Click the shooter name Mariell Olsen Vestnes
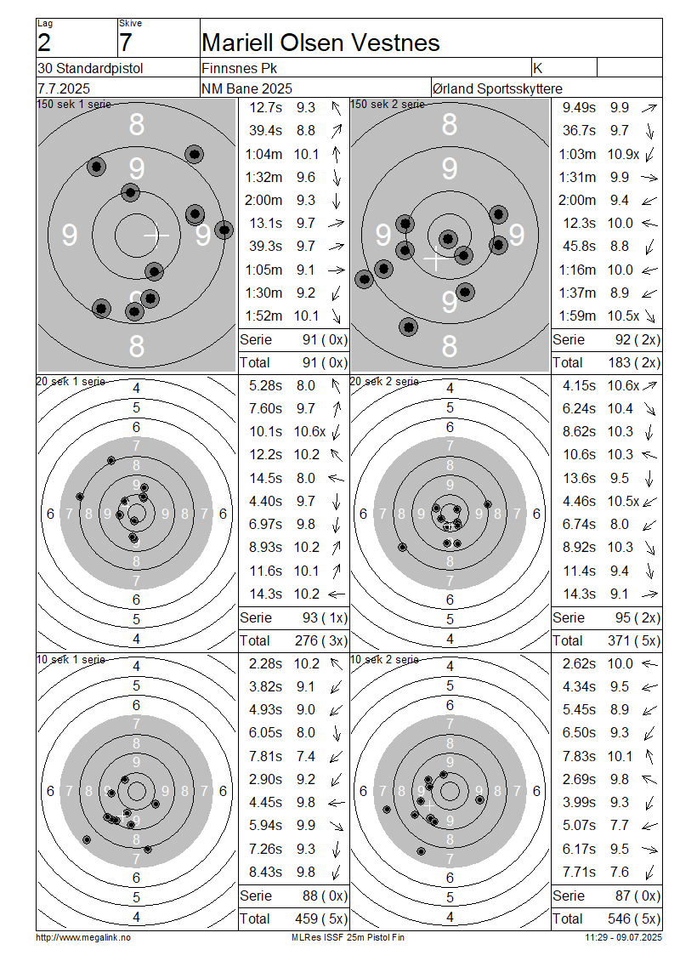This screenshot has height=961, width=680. point(320,43)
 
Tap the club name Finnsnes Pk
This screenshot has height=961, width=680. point(240,68)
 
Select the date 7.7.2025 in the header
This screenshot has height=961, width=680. point(64,88)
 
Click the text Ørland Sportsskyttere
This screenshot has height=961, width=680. point(497,88)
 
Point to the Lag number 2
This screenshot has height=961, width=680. point(44,43)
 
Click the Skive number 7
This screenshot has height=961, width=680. point(126,43)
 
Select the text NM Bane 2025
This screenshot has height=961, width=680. point(246,88)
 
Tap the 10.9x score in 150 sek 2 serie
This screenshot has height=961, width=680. point(623,154)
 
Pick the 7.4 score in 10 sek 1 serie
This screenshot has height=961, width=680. point(306,756)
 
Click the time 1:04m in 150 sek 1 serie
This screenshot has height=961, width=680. point(264,154)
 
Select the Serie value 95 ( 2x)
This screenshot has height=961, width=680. point(637,617)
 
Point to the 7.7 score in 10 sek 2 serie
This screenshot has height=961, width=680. point(620,826)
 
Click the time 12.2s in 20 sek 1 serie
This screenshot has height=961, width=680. point(266,455)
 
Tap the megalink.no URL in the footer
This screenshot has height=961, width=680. point(83,938)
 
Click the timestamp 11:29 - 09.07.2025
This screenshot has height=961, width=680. point(623,938)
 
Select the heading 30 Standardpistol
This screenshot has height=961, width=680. point(90,68)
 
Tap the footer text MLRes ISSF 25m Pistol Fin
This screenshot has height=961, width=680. point(348,938)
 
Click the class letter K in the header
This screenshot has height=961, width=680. point(538,68)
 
